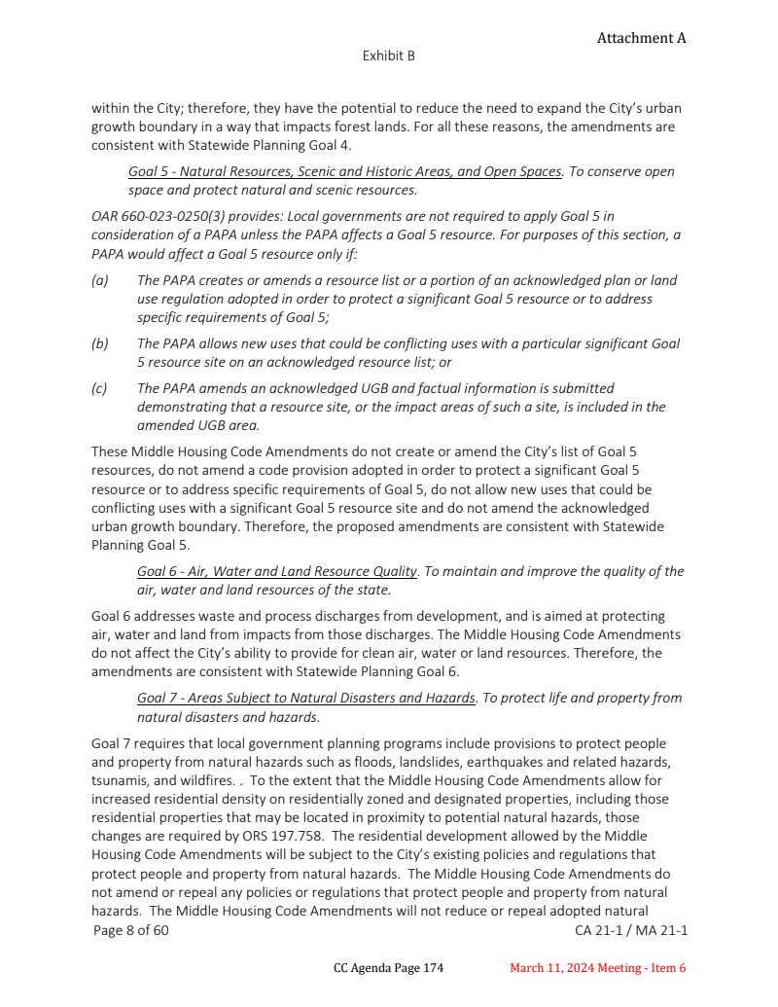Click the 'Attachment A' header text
[x=641, y=38]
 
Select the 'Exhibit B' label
[x=388, y=55]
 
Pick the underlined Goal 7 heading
[x=306, y=698]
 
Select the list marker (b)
[x=99, y=343]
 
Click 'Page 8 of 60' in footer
[x=131, y=931]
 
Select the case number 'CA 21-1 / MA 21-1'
[x=631, y=931]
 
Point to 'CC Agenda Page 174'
[x=388, y=968]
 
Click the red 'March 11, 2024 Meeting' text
[x=575, y=968]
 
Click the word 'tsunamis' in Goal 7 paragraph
[x=120, y=780]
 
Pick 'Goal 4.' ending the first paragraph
[x=330, y=145]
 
